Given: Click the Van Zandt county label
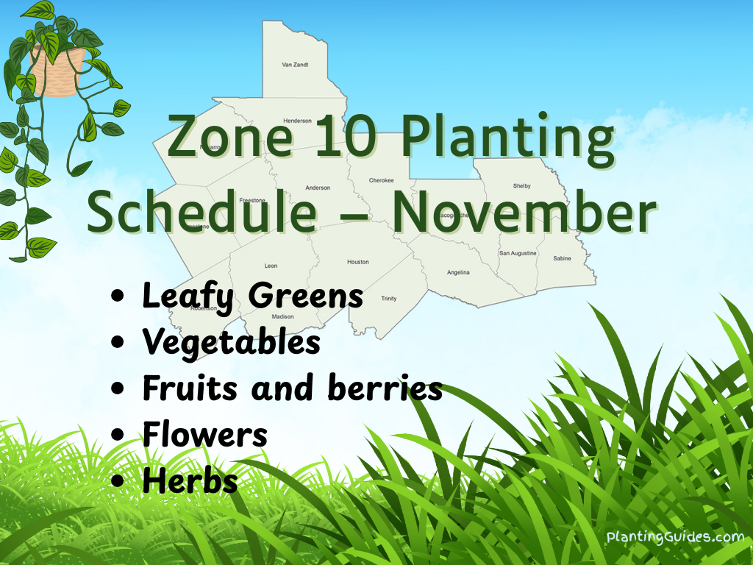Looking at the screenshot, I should [295, 65].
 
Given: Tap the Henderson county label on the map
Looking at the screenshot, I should [297, 121].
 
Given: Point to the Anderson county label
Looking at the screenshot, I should [318, 188].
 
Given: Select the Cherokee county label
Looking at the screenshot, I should [381, 180].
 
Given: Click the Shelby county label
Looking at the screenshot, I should [521, 186].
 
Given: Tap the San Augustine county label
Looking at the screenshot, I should [518, 253].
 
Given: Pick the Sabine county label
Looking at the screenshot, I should [562, 259].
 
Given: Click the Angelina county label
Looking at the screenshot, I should [458, 273].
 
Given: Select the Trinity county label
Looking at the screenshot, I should [388, 299].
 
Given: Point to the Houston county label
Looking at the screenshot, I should [358, 262].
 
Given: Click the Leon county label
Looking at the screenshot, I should [271, 266].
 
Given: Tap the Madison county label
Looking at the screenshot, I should [282, 317].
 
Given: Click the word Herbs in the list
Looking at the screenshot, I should [190, 480].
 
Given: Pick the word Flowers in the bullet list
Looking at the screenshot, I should [204, 435].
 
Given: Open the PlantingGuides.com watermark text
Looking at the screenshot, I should [675, 537].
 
